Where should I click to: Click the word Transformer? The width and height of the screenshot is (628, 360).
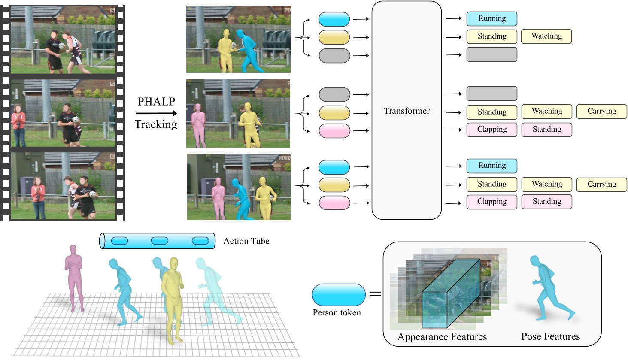[x=407, y=111]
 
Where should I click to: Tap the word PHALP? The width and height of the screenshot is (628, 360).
[x=156, y=102]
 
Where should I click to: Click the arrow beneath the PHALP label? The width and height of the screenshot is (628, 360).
[x=156, y=113]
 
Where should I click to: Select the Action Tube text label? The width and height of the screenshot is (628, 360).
[x=246, y=241]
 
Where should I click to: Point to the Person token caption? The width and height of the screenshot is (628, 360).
[x=337, y=313]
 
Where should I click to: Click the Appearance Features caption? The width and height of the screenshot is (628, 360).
[x=442, y=337]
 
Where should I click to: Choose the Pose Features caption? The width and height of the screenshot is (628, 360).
[x=550, y=336]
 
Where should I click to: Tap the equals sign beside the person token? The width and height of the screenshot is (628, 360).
[x=375, y=294]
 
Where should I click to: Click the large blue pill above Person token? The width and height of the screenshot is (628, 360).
[x=339, y=295]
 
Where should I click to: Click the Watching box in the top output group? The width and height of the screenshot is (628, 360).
[x=546, y=36]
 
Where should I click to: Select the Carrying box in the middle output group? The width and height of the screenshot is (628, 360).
[x=601, y=112]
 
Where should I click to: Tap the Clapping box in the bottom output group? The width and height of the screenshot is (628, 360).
[x=491, y=202]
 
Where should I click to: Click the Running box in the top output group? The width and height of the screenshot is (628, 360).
[x=491, y=18]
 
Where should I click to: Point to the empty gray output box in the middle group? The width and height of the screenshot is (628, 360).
[x=491, y=94]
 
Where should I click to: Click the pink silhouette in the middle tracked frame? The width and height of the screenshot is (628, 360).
[x=198, y=124]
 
